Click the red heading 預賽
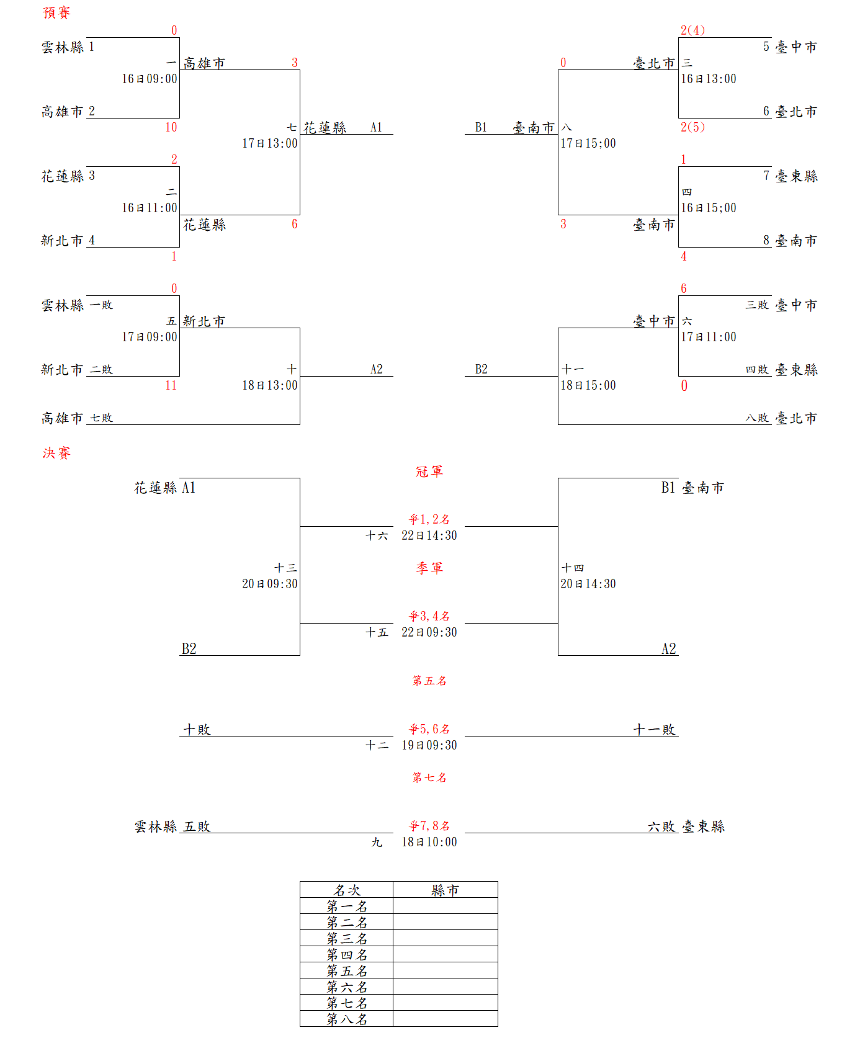click(56, 13)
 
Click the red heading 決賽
click(56, 454)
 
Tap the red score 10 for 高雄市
click(171, 127)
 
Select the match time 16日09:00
click(149, 79)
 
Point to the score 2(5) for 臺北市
click(692, 127)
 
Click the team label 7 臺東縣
click(790, 176)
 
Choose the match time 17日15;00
click(588, 143)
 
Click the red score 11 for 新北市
click(171, 385)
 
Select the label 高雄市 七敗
click(77, 418)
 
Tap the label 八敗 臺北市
click(781, 418)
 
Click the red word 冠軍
click(429, 472)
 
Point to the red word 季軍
click(429, 568)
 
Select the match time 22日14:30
click(429, 535)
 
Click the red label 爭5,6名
click(429, 729)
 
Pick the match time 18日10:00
click(429, 842)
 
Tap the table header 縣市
click(445, 890)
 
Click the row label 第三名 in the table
click(347, 939)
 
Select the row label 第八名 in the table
click(347, 1019)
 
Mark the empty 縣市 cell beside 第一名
click(445, 906)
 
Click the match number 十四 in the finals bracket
click(573, 568)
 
